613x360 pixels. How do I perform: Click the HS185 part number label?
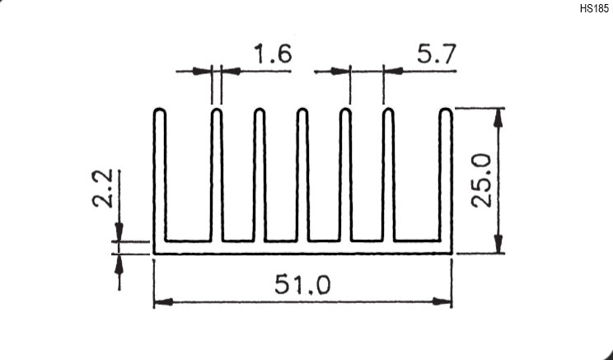tap(594, 9)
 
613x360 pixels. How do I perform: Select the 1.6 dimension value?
tap(273, 54)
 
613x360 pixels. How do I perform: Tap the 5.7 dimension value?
tap(436, 54)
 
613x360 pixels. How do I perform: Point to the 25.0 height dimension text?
tap(481, 180)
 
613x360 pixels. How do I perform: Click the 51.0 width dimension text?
tap(302, 284)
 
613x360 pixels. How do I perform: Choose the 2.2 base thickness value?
tap(102, 188)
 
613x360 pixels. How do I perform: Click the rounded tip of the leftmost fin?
tap(160, 110)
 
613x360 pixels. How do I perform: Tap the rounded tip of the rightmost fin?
tap(446, 110)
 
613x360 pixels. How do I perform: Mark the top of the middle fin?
tap(302, 110)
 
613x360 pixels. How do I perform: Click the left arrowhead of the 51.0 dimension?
tap(163, 302)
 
